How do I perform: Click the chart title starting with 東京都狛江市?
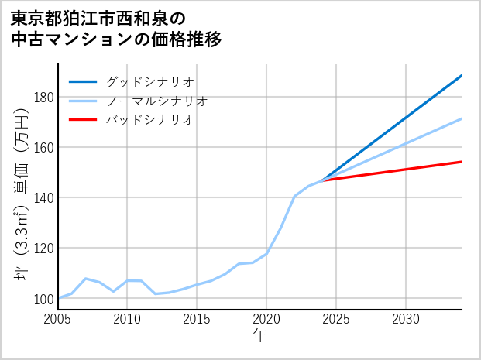pyautogui.click(x=116, y=28)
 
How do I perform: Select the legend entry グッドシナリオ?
pyautogui.click(x=149, y=81)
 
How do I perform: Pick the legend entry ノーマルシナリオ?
pyautogui.click(x=156, y=101)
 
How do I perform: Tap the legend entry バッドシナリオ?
pyautogui.click(x=149, y=120)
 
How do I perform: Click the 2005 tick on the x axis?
pyautogui.click(x=58, y=319)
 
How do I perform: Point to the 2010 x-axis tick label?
pyautogui.click(x=128, y=319)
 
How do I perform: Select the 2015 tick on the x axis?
pyautogui.click(x=198, y=319)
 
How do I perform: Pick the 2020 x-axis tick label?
pyautogui.click(x=266, y=319)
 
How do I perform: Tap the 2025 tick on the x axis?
pyautogui.click(x=336, y=319)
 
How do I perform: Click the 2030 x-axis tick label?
pyautogui.click(x=406, y=319)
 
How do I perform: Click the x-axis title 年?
pyautogui.click(x=260, y=336)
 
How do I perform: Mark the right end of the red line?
pyautogui.click(x=462, y=162)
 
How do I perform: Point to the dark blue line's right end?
pyautogui.click(x=462, y=75)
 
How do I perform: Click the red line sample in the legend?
pyautogui.click(x=83, y=120)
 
